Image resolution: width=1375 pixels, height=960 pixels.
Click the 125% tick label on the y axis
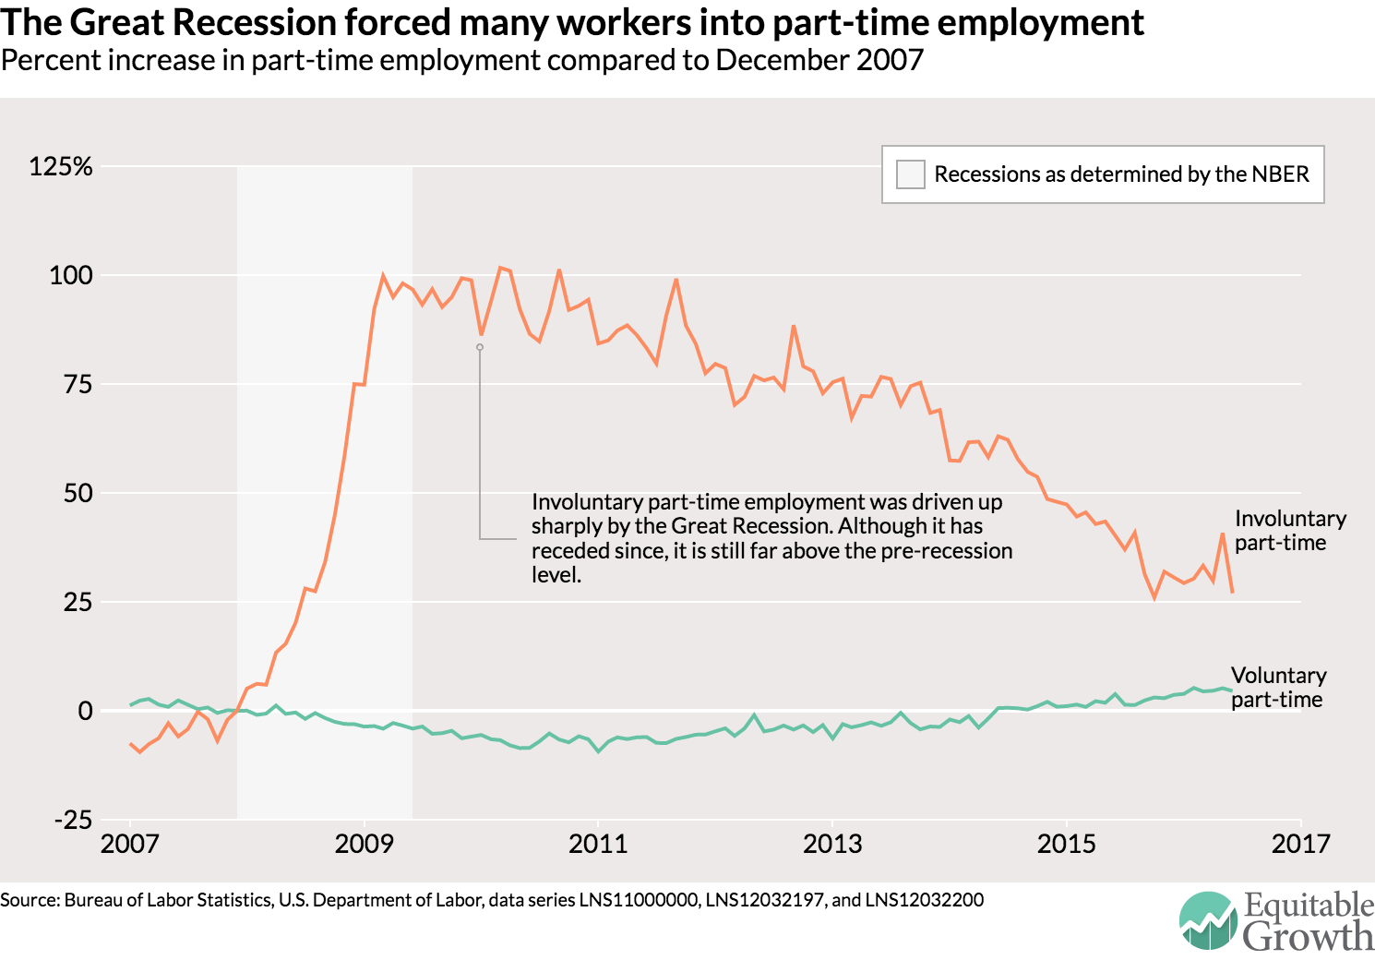[61, 166]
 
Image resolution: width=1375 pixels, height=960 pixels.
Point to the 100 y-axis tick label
[71, 275]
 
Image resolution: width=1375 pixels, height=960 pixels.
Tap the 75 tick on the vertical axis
[78, 385]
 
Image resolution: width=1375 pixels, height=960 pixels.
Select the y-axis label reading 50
[78, 493]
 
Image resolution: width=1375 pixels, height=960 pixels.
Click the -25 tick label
[73, 820]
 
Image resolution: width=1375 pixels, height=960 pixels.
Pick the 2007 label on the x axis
[129, 844]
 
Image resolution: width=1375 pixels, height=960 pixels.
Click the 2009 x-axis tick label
[364, 844]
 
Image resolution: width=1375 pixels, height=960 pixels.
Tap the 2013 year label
[832, 844]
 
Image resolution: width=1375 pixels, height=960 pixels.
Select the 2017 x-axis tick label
[1301, 844]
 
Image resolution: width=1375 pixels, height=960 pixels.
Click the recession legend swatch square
[910, 174]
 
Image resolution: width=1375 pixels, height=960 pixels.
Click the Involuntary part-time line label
[1290, 531]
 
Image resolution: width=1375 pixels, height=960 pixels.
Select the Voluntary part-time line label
[1279, 688]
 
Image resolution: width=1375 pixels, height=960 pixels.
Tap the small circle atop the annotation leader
[480, 348]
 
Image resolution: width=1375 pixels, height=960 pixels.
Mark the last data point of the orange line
[1232, 592]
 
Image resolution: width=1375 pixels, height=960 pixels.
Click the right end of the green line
[1231, 691]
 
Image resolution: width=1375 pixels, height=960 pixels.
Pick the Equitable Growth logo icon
[1208, 920]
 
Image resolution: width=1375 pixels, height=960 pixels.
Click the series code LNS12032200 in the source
[925, 900]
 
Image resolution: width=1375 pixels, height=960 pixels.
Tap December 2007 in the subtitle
[819, 60]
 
